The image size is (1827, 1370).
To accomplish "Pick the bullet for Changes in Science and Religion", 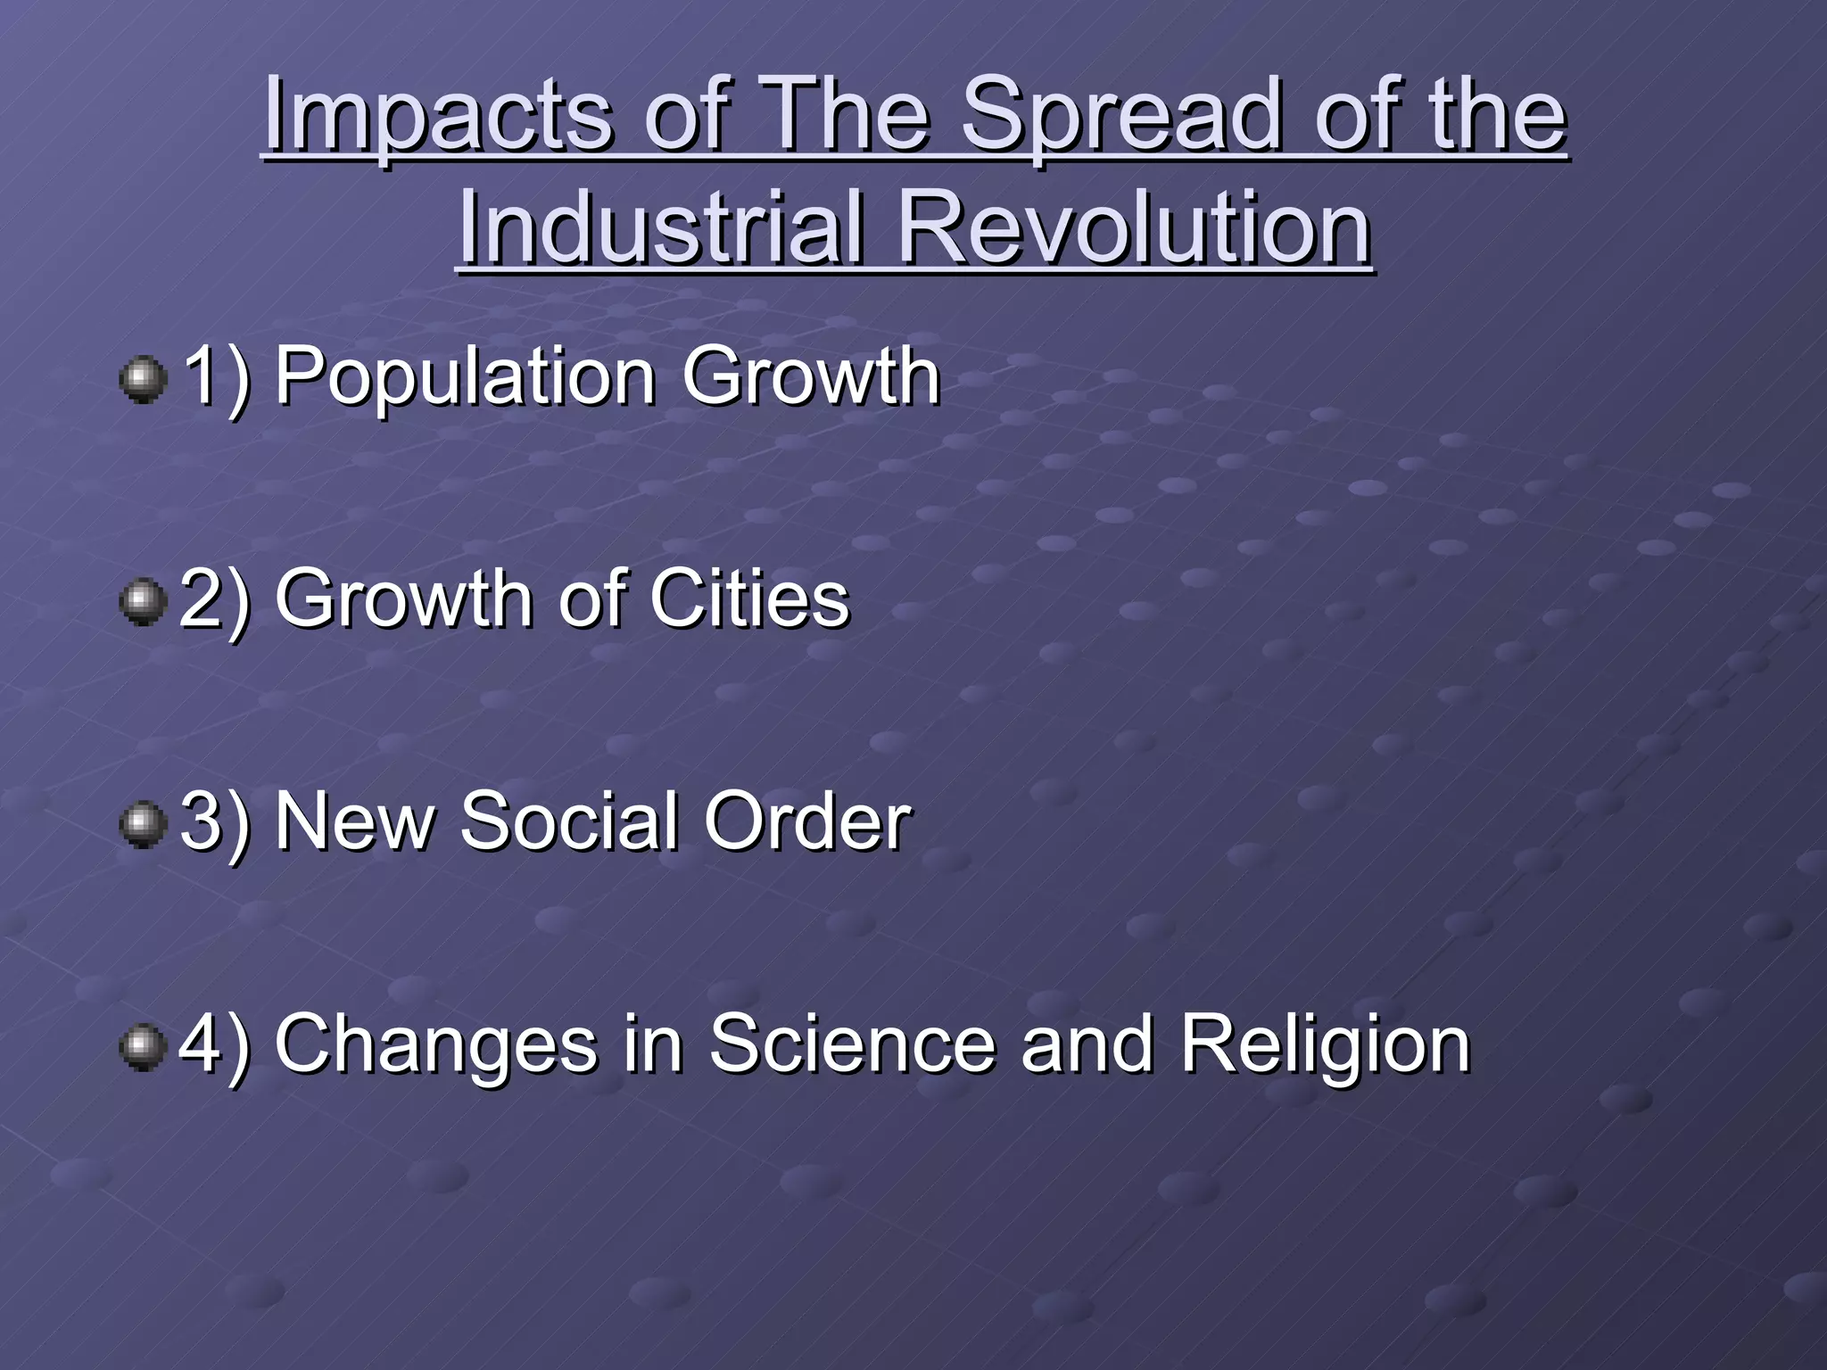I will tap(143, 1045).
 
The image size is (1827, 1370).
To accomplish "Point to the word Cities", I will tap(749, 599).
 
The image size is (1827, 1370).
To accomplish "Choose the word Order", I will tap(807, 821).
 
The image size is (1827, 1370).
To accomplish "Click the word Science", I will tap(852, 1044).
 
